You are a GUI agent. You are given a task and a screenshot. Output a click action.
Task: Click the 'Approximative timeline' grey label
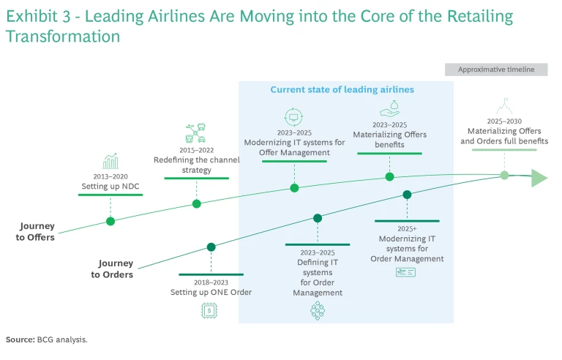click(496, 70)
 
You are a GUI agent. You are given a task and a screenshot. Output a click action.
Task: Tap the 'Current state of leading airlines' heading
click(342, 89)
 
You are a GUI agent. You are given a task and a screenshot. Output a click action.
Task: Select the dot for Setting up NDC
click(110, 221)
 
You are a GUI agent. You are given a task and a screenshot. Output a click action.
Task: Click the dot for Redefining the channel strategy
click(196, 203)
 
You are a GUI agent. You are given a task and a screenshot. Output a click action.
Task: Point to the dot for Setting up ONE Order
click(211, 247)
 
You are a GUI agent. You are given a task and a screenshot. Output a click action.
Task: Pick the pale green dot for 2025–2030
click(504, 175)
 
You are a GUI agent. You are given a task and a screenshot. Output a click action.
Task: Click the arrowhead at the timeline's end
click(539, 178)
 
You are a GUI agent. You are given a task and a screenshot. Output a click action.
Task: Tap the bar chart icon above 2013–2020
click(111, 161)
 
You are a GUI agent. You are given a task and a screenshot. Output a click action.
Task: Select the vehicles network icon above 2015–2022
click(195, 134)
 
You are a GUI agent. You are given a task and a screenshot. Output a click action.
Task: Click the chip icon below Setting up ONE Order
click(210, 310)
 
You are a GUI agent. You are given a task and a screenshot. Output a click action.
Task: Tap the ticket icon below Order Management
click(406, 273)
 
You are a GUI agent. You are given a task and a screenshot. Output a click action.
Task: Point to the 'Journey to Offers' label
click(37, 232)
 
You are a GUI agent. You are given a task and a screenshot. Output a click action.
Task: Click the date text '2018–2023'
click(211, 282)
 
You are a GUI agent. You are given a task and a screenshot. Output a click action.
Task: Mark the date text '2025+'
click(407, 228)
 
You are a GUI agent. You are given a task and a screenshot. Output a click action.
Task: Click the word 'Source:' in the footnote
click(20, 340)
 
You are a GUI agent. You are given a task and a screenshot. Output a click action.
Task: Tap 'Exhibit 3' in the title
click(37, 16)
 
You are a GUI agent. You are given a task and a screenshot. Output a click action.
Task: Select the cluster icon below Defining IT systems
click(318, 311)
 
